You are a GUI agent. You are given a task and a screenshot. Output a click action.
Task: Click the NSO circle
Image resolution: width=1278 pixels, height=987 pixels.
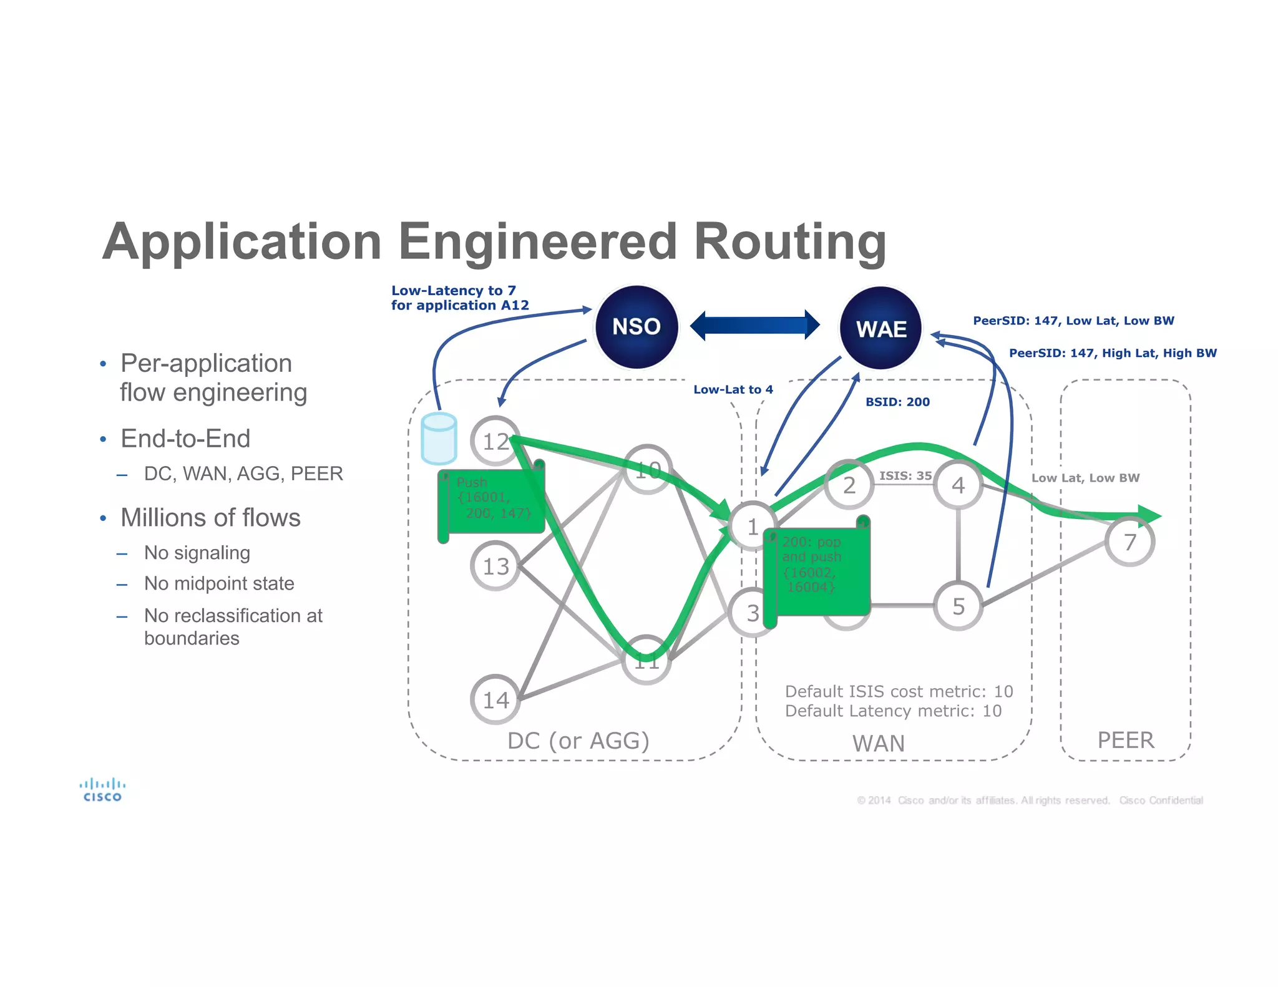pos(636,327)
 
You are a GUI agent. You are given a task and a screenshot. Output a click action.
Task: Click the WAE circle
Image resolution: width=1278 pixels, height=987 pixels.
pos(880,328)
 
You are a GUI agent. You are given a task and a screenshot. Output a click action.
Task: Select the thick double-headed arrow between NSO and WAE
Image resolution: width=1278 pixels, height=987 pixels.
pos(754,325)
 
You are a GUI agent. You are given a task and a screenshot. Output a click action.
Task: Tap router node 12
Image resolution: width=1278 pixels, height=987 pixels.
pos(495,441)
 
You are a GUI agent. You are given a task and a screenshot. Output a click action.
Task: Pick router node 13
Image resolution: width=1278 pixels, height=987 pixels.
pos(495,566)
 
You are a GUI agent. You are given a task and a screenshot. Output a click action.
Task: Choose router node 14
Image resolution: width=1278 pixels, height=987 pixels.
pos(495,699)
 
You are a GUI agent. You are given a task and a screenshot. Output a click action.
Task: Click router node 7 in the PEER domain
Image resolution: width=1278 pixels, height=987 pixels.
pos(1129,542)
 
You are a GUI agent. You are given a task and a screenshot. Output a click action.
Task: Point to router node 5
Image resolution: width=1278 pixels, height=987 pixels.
pos(958,606)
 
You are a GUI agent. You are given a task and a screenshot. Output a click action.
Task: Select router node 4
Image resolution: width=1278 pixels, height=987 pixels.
pos(958,485)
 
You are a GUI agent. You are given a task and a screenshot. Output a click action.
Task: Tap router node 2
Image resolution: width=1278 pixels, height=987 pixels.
pos(849,485)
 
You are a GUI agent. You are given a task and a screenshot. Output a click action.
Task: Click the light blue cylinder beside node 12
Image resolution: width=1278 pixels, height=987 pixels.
pos(439,438)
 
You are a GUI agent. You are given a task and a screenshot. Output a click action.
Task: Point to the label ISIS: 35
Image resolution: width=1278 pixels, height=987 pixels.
pos(905,475)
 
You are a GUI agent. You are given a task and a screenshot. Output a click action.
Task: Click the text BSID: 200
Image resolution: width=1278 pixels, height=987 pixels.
pos(897,402)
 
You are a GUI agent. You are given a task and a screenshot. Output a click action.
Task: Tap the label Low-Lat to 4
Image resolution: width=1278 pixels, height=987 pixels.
pos(733,389)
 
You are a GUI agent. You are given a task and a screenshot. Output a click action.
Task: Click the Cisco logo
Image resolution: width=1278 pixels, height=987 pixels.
pos(102,789)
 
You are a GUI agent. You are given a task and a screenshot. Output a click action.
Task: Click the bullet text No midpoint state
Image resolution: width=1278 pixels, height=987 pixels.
pos(219,583)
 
